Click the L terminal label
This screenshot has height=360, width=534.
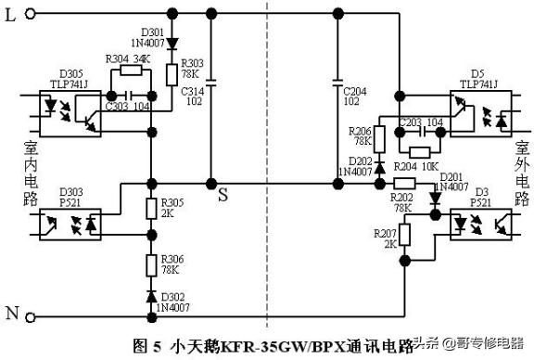point(10,13)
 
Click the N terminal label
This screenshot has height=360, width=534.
point(11,314)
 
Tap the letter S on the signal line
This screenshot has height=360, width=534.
point(222,195)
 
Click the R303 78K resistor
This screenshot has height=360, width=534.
point(172,74)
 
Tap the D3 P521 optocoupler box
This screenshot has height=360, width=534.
point(479,225)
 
